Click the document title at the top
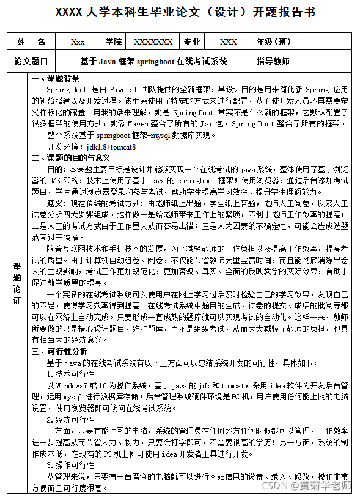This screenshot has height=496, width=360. click(x=180, y=12)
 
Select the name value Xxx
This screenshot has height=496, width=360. click(x=78, y=42)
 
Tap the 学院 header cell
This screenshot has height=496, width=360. click(x=113, y=42)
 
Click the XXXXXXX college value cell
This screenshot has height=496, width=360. click(x=153, y=42)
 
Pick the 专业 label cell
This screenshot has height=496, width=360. click(x=192, y=42)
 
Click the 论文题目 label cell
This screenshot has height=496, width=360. click(x=31, y=61)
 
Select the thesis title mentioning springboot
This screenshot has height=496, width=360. click(x=153, y=61)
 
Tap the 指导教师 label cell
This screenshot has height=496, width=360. click(x=273, y=61)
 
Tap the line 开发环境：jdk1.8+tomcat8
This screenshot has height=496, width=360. click(x=91, y=147)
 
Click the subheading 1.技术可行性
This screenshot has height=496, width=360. click(x=71, y=373)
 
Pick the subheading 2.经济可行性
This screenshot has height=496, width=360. click(x=71, y=420)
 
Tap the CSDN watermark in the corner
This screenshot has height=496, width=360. click(x=310, y=486)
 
